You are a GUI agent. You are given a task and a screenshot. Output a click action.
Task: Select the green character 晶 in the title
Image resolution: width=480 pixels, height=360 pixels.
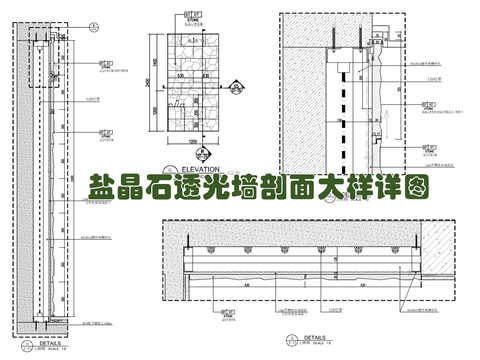pyautogui.click(x=128, y=189)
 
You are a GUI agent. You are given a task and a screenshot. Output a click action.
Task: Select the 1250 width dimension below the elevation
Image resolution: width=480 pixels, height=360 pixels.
pyautogui.click(x=195, y=142)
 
